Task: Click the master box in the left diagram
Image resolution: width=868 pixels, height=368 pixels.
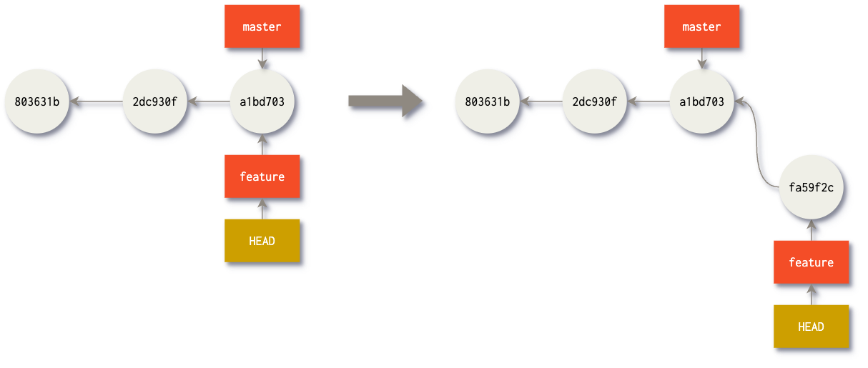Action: click(262, 27)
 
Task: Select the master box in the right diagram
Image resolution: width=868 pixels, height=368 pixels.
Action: click(701, 27)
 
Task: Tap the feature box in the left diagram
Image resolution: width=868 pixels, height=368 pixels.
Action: click(262, 176)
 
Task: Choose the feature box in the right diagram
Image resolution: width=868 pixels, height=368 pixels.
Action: click(811, 262)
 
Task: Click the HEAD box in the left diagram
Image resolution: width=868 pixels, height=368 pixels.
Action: click(262, 241)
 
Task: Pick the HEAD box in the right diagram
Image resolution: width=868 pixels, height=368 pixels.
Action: click(811, 327)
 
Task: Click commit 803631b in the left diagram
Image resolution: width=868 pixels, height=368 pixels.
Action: click(36, 101)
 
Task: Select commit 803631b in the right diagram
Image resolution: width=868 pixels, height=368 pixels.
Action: click(487, 101)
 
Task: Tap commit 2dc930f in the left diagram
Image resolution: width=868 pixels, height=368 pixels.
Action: click(154, 101)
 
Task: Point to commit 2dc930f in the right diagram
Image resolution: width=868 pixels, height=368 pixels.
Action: click(594, 101)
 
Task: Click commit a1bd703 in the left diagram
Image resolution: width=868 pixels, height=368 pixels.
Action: click(262, 101)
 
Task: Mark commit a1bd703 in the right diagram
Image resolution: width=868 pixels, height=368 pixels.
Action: click(701, 101)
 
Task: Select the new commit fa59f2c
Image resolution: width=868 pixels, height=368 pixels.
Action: click(811, 188)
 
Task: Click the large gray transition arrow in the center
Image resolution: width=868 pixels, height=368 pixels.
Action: click(386, 101)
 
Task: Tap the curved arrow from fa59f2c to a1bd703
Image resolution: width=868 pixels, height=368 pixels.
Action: click(759, 143)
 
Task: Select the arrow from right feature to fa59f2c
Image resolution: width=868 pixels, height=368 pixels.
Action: click(811, 231)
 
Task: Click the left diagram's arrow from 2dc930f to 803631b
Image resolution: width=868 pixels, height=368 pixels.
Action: click(96, 101)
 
